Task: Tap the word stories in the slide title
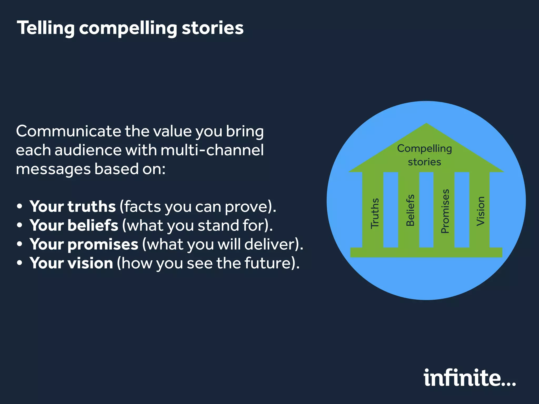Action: (212, 28)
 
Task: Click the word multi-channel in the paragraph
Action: (212, 150)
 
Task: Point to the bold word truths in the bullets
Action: (92, 206)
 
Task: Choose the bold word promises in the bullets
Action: (103, 244)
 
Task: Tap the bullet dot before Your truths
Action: (19, 207)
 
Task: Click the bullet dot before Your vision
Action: (19, 263)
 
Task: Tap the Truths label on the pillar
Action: (375, 213)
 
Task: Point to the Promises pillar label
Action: (445, 211)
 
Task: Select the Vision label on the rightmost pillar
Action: (481, 211)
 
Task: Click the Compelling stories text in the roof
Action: (424, 155)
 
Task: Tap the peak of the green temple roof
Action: (426, 124)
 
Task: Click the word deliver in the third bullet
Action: (269, 244)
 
